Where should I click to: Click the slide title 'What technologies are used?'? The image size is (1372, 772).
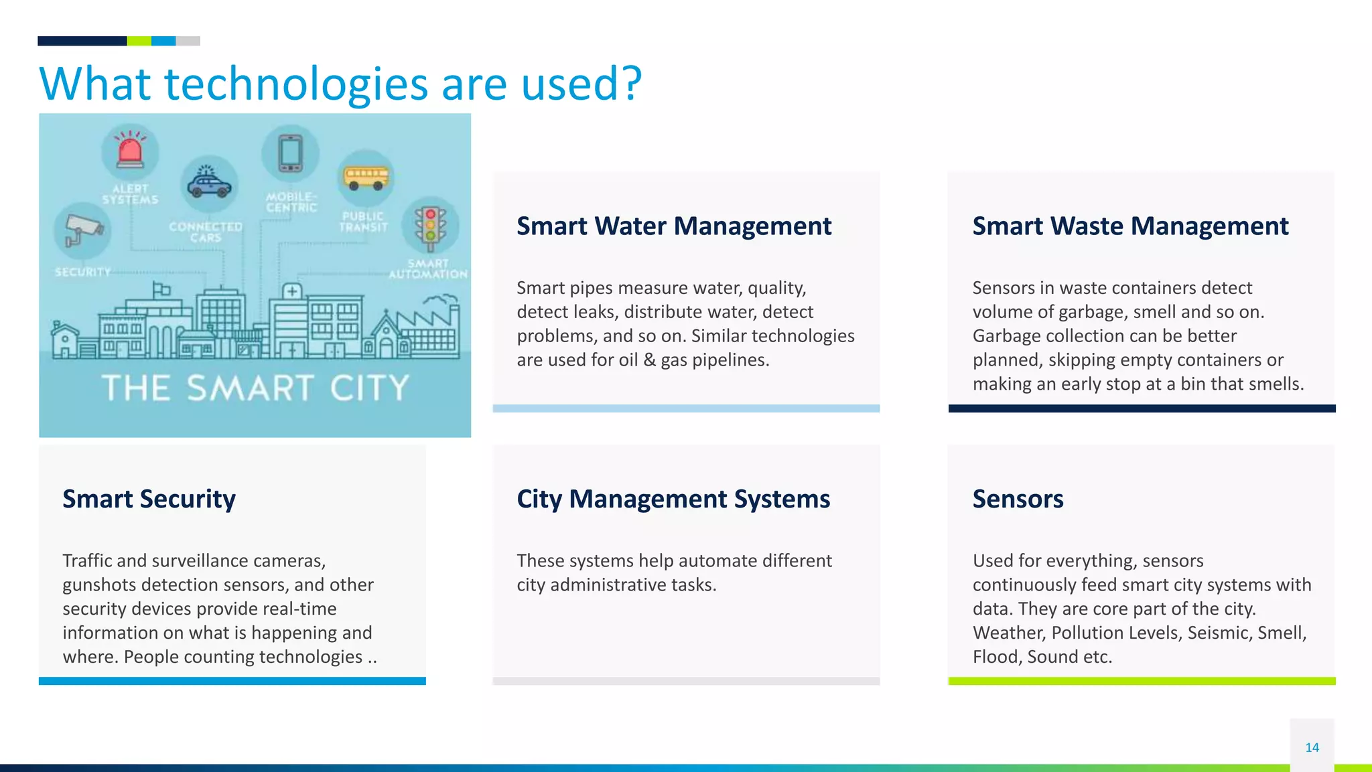pyautogui.click(x=340, y=84)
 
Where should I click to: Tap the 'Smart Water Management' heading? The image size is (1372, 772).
pyautogui.click(x=674, y=226)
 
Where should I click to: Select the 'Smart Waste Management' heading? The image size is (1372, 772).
pyautogui.click(x=1130, y=226)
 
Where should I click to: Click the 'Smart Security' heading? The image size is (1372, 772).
pyautogui.click(x=149, y=499)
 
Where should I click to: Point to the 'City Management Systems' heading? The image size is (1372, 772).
pyautogui.click(x=673, y=499)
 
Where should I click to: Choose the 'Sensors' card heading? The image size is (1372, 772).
pyautogui.click(x=1018, y=499)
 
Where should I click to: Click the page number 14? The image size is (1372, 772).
pyautogui.click(x=1312, y=747)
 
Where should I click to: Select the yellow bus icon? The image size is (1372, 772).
pyautogui.click(x=366, y=177)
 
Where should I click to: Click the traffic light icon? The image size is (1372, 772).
pyautogui.click(x=430, y=226)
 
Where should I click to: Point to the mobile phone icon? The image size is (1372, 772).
pyautogui.click(x=290, y=153)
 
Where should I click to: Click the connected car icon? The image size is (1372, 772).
pyautogui.click(x=209, y=183)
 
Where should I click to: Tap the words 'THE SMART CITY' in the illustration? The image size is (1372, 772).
pyautogui.click(x=255, y=388)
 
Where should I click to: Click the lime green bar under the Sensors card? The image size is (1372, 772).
pyautogui.click(x=1142, y=681)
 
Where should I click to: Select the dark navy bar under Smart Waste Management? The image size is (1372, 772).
pyautogui.click(x=1142, y=408)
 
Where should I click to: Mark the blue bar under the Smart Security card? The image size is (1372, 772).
pyautogui.click(x=232, y=681)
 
